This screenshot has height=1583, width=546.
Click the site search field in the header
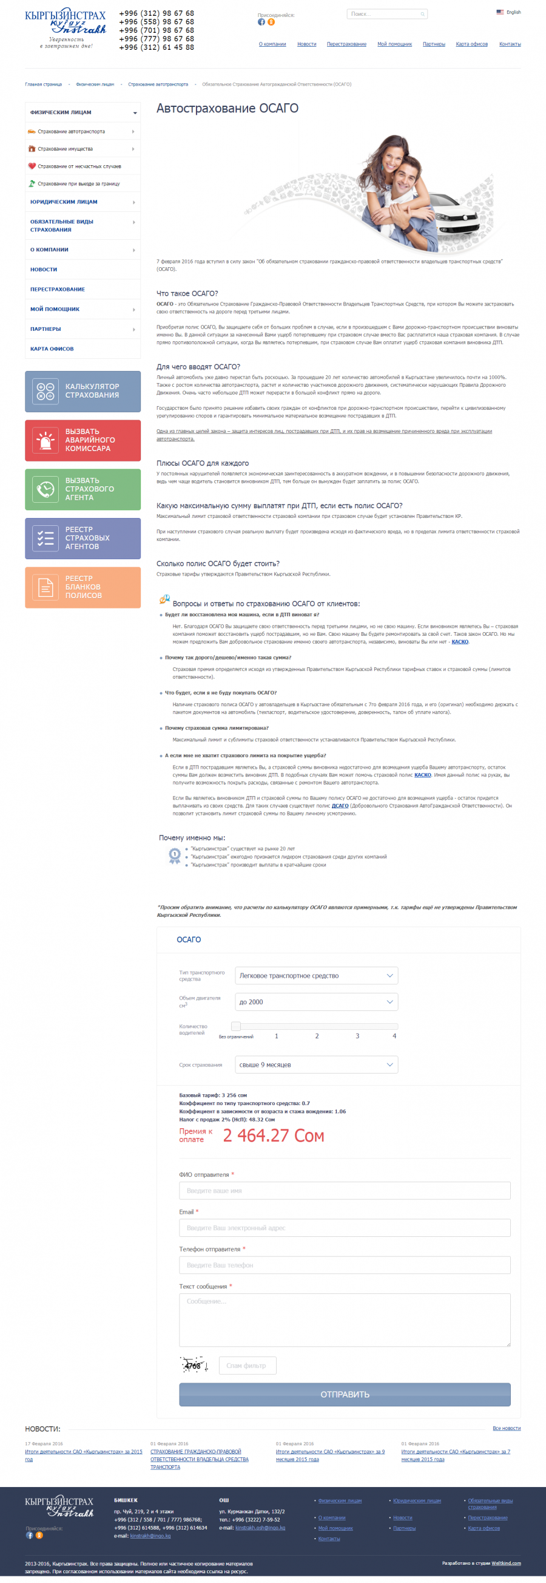click(385, 14)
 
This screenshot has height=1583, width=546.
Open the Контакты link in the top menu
click(510, 44)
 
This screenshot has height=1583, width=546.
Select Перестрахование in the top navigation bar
click(346, 44)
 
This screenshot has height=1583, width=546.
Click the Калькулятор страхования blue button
click(83, 392)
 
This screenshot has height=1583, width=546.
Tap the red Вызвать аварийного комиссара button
click(83, 440)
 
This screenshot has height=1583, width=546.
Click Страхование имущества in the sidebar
click(65, 149)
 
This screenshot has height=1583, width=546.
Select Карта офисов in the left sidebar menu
click(52, 349)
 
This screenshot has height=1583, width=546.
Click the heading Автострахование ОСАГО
click(227, 108)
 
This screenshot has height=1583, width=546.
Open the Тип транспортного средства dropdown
click(315, 976)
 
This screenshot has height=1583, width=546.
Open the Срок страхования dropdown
click(315, 1065)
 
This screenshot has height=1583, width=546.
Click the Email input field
click(344, 1228)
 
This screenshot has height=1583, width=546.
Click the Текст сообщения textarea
click(344, 1319)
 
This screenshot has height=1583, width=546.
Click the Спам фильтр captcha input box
click(247, 1366)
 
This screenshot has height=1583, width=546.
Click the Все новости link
click(506, 1428)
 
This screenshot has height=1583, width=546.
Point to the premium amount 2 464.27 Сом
click(274, 1135)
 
